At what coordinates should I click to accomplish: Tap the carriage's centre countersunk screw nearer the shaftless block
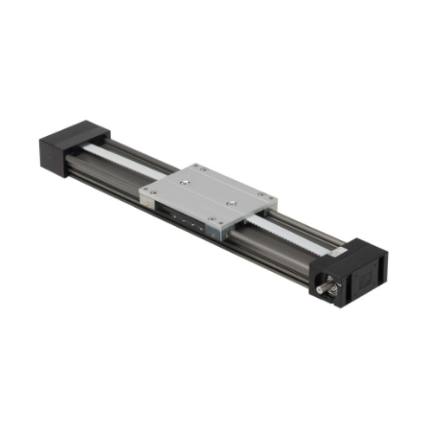click(187, 183)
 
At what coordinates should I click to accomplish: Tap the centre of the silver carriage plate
click(209, 194)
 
